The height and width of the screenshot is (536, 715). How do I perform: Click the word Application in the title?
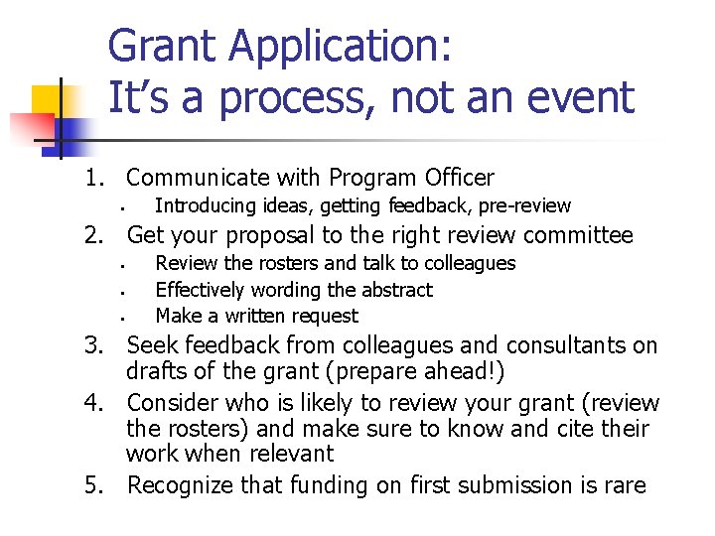click(x=334, y=48)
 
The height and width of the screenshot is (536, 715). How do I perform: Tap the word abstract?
click(x=396, y=290)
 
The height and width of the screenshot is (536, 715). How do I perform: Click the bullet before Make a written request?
click(x=118, y=319)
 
